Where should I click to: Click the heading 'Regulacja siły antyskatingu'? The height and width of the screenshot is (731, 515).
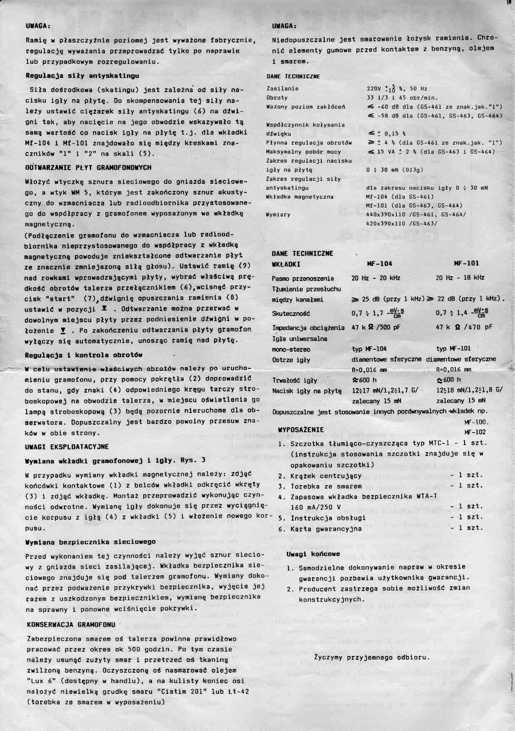point(82,76)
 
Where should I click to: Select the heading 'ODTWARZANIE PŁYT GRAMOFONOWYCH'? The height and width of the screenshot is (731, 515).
point(88,168)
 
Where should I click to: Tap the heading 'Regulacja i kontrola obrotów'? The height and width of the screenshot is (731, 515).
point(84,355)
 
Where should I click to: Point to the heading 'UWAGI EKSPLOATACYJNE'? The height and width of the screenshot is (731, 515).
point(67,447)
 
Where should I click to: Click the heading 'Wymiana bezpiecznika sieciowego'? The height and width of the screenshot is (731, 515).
point(90,542)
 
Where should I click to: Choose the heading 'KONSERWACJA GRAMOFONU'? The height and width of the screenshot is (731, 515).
point(71,624)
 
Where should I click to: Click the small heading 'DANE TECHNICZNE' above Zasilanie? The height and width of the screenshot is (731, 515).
point(293,77)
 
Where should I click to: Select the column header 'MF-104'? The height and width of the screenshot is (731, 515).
point(379,263)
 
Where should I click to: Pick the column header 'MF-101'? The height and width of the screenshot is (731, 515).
point(466,263)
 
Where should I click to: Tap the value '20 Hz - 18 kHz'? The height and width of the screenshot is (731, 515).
point(460,278)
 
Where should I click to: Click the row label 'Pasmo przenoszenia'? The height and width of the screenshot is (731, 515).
point(303,278)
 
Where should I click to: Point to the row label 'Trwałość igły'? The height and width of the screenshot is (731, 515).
point(294,381)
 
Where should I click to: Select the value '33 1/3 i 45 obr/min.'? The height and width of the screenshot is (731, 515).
point(402,98)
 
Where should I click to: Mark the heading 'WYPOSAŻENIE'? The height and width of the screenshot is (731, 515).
point(301,430)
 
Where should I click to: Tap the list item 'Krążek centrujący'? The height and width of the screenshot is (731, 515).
point(326,476)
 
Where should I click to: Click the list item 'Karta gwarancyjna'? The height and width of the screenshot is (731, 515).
point(326,529)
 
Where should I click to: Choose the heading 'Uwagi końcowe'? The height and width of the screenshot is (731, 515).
point(313,554)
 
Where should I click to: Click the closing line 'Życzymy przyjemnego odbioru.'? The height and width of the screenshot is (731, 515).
point(372,657)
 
